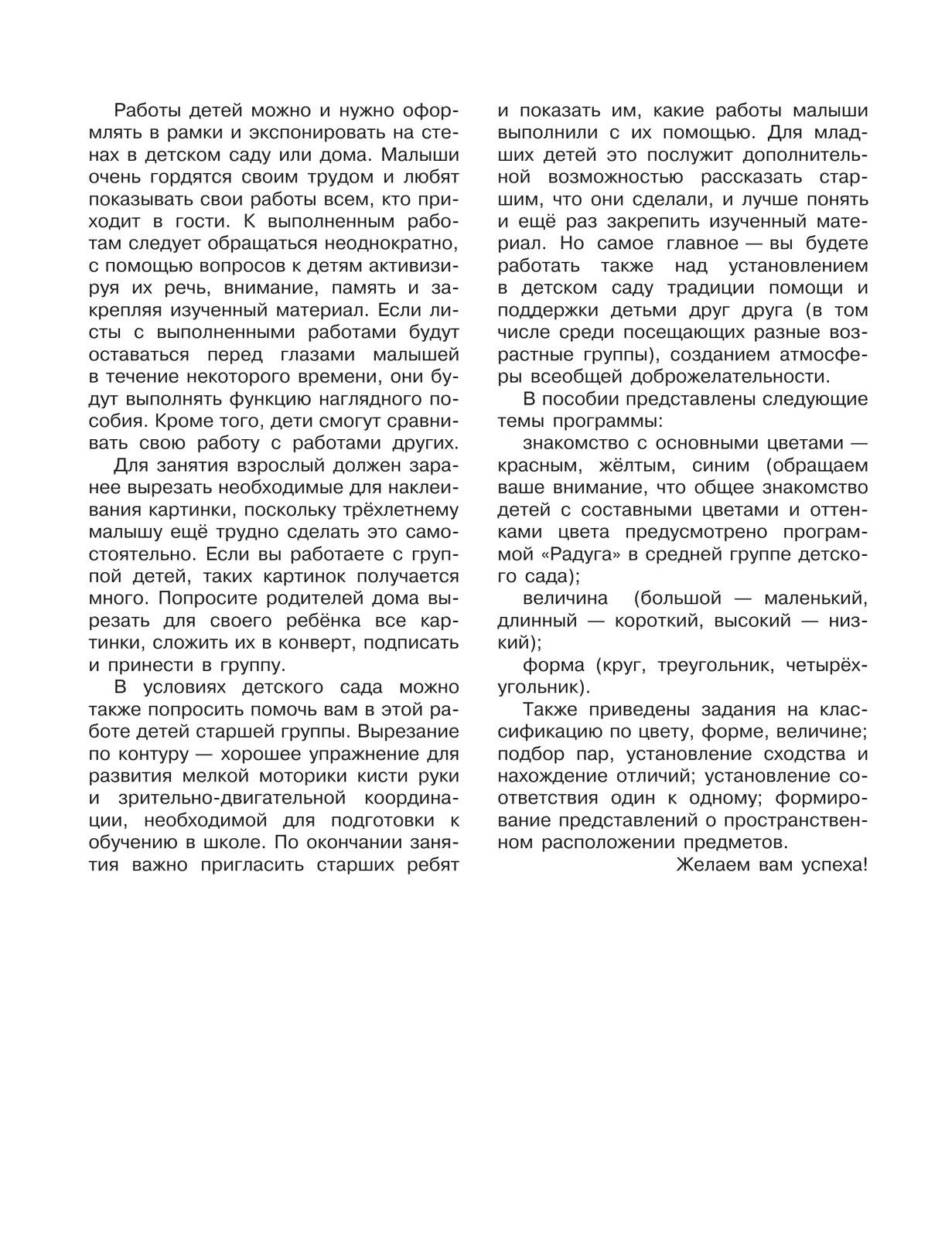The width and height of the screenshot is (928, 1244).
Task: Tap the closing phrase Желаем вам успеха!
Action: click(772, 864)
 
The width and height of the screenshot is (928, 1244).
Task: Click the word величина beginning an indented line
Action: click(565, 598)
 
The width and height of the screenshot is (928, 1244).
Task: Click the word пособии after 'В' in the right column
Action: click(582, 399)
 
